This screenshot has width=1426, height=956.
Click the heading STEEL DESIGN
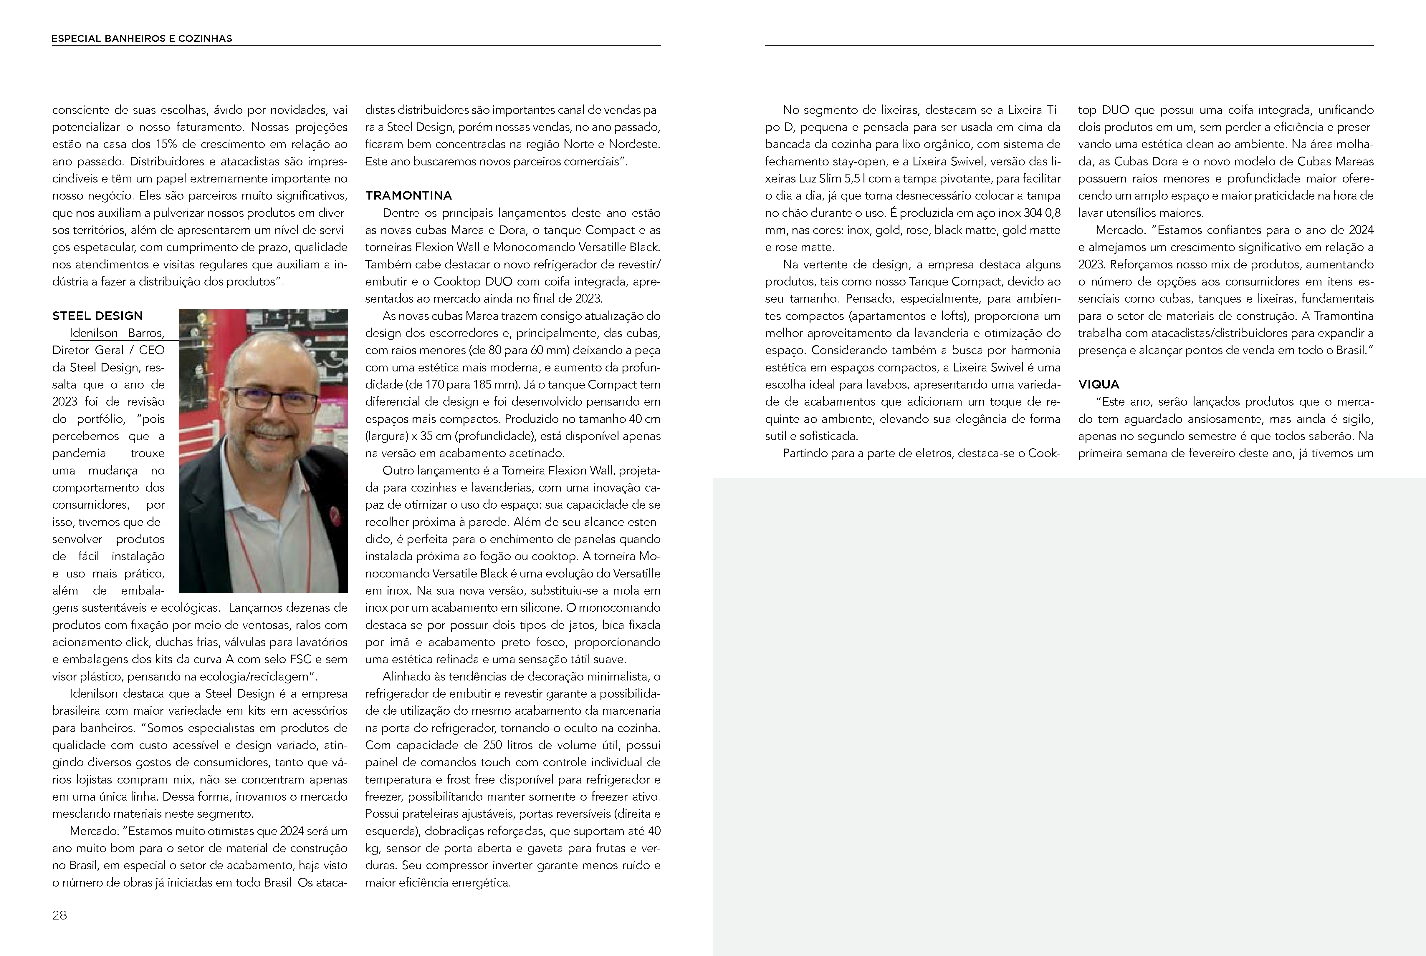point(97,316)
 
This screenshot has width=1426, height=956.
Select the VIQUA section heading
point(1099,385)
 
